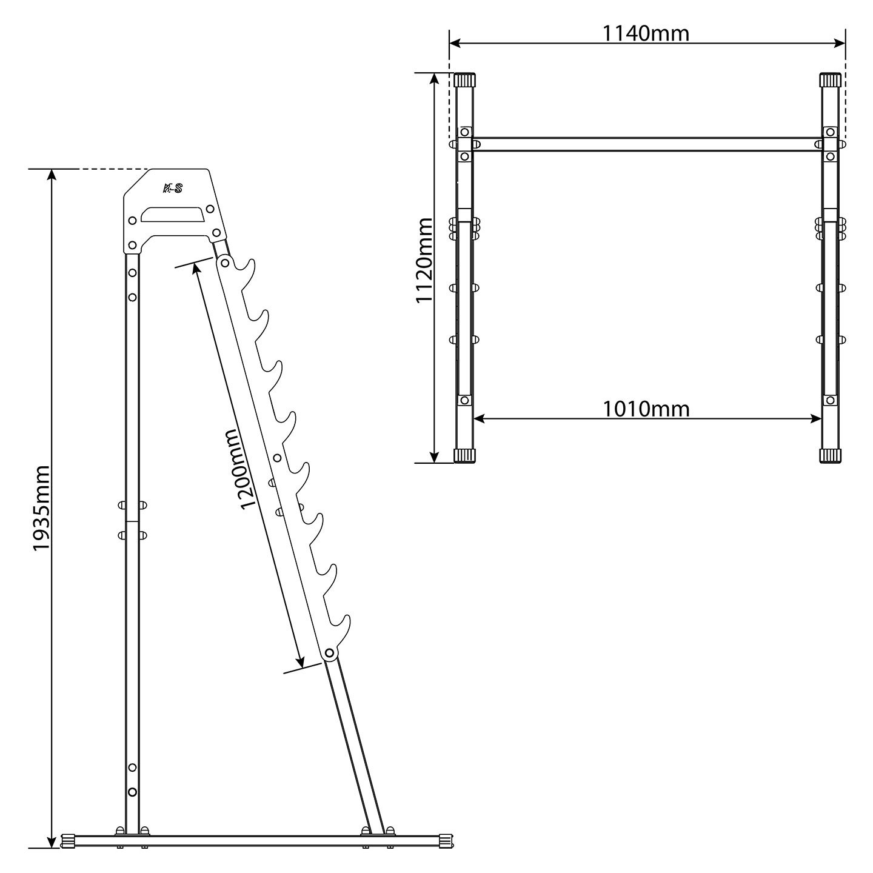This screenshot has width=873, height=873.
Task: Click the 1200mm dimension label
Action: click(x=238, y=469)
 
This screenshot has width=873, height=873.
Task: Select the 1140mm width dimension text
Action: click(x=646, y=33)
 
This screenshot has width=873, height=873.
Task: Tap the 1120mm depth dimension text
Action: click(x=424, y=261)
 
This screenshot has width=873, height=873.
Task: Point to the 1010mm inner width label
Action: click(x=646, y=409)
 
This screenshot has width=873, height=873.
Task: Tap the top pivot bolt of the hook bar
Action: click(x=225, y=262)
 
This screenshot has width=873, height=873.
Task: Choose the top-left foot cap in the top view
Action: click(x=464, y=79)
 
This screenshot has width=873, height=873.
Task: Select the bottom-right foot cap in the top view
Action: click(x=830, y=456)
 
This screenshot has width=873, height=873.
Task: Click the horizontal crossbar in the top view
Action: click(x=646, y=144)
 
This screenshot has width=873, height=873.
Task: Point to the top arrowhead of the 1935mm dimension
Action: click(x=52, y=175)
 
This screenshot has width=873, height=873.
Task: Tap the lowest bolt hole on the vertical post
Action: click(x=132, y=792)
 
